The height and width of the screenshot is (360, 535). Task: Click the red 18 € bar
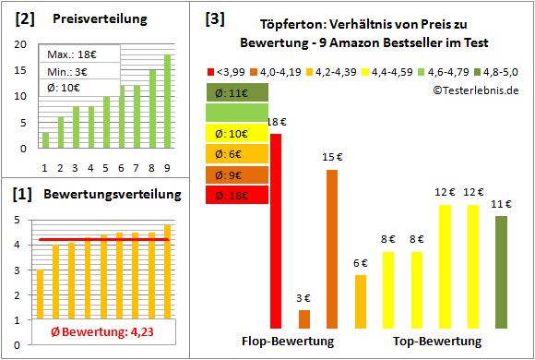[x=276, y=231]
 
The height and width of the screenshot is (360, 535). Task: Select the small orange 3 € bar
[x=304, y=318]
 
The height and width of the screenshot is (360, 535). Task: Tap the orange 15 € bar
[x=332, y=249]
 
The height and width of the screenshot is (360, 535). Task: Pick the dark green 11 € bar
[x=501, y=272]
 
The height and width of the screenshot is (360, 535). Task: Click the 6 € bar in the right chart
[x=360, y=301]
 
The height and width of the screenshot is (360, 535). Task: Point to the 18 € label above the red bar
[x=275, y=122]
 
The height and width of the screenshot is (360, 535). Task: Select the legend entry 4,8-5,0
[x=499, y=70]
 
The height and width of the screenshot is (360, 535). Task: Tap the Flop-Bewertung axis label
[x=288, y=342]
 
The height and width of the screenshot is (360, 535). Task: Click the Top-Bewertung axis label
[x=437, y=342]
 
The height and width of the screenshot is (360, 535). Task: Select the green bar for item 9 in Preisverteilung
[x=168, y=102]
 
